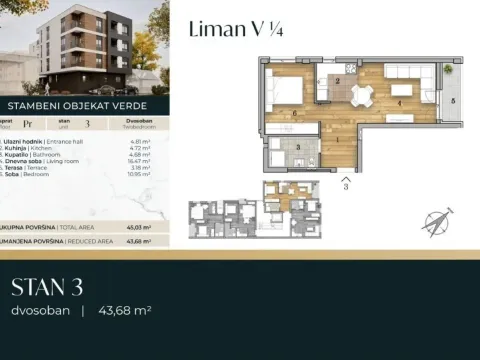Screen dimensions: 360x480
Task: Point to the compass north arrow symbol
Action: [436, 221]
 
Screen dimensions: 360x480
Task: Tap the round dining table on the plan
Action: [362, 94]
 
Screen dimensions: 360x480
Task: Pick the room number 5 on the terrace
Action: [451, 101]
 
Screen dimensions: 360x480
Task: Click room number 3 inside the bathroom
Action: [299, 146]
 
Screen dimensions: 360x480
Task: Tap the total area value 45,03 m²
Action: [139, 226]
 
